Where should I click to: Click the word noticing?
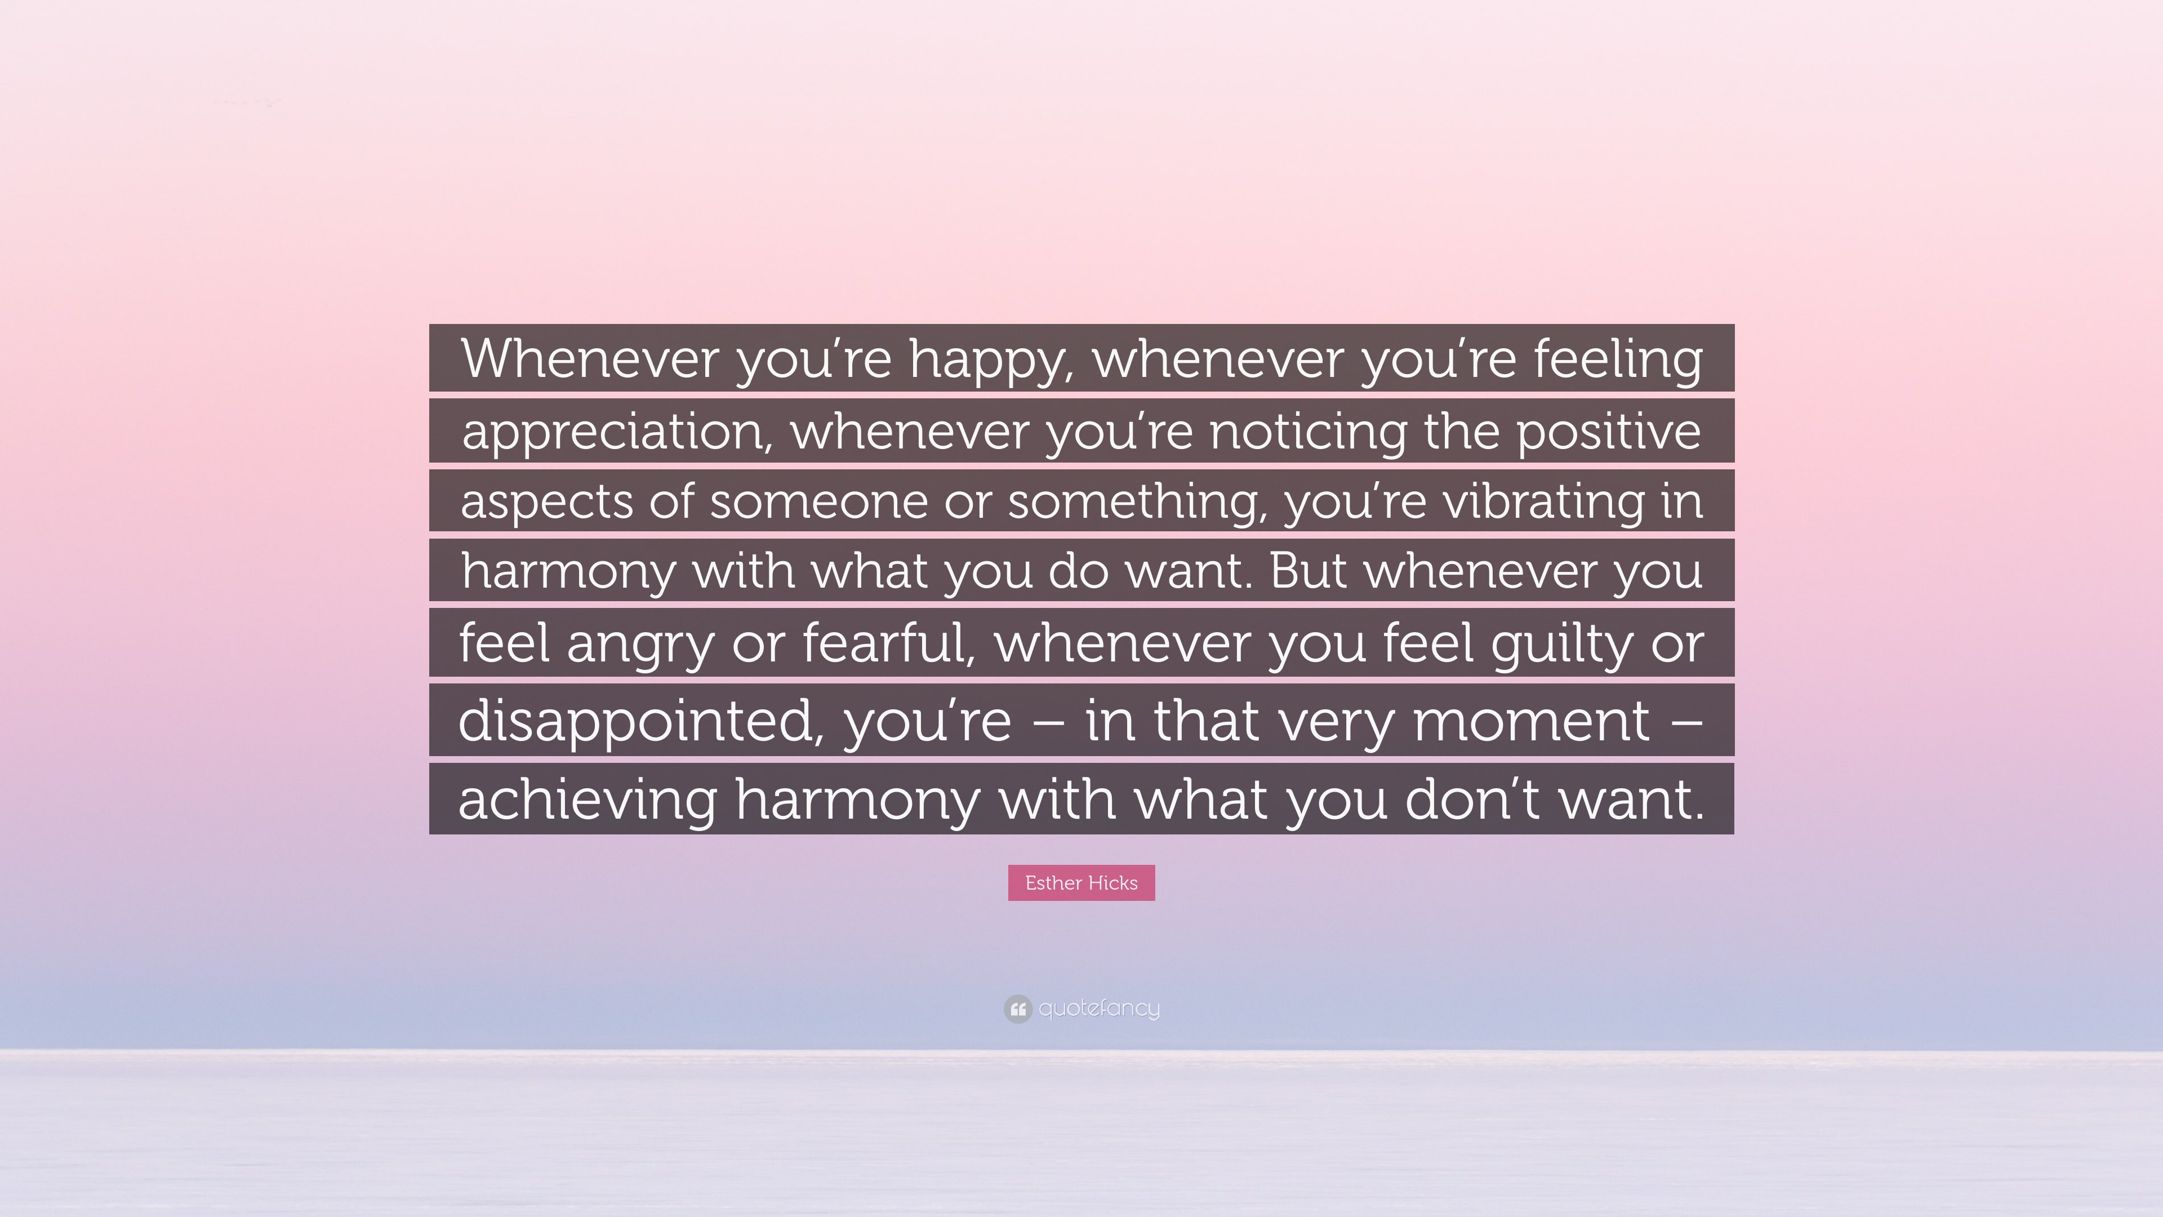coord(1307,431)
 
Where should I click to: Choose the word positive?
coord(1609,432)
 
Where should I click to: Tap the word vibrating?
coord(1543,502)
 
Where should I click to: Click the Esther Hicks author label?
coord(1081,883)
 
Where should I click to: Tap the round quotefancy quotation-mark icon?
coord(1017,1008)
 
